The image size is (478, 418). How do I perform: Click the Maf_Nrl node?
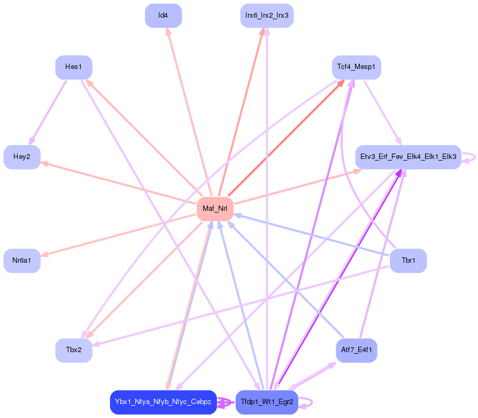[215, 209]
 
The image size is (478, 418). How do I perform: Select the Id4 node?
[163, 16]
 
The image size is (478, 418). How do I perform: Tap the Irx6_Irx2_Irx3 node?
[267, 16]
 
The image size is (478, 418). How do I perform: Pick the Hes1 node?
[74, 67]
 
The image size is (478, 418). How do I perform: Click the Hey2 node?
[22, 157]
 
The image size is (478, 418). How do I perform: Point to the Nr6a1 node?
[22, 261]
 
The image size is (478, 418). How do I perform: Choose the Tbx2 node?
[74, 350]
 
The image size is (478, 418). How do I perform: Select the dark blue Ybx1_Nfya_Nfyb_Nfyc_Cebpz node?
[163, 402]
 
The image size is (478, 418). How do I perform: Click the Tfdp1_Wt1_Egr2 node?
[267, 402]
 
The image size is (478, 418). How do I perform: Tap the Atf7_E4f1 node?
[356, 351]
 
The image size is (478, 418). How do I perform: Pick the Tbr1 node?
[408, 261]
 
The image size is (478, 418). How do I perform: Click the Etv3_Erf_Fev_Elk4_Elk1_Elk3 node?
[408, 157]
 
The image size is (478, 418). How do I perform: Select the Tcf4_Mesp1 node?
[356, 67]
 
